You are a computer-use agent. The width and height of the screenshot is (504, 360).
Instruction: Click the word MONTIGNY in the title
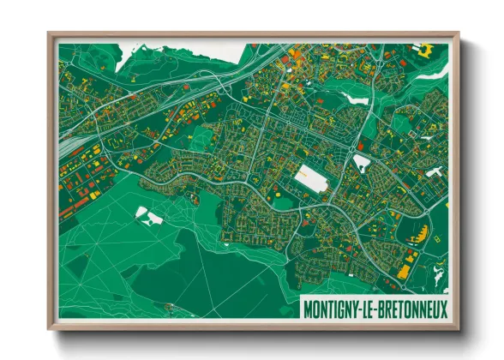[333, 309]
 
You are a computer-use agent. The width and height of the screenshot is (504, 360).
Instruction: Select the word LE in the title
[369, 309]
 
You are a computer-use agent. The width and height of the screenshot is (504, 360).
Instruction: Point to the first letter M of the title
[308, 309]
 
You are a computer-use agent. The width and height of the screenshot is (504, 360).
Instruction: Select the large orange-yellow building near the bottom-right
[403, 271]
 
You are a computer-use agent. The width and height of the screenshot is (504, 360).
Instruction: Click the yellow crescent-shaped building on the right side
[419, 231]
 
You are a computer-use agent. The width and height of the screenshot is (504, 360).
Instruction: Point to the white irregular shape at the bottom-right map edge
[439, 276]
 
